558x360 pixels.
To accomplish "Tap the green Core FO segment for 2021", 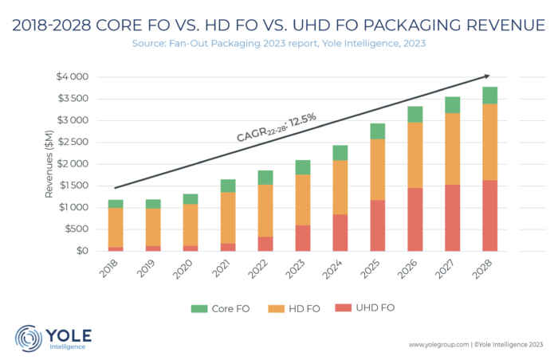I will [227, 186].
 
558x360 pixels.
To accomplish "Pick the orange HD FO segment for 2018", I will [116, 227].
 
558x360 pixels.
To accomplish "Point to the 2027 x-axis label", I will [444, 271].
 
